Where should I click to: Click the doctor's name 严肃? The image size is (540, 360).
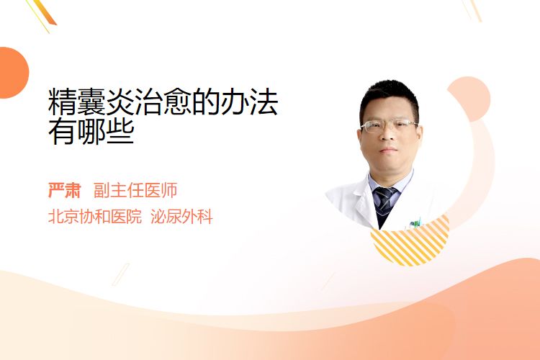64,190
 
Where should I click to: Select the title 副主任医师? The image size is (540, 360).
135,190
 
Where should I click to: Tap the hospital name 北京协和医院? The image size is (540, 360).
95,217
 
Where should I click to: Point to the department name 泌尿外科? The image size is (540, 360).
182,217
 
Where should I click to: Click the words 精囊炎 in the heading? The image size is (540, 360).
91,102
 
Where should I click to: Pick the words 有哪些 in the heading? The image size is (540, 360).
91,131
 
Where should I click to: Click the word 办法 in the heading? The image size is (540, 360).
250,102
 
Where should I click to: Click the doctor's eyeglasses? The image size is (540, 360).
389,126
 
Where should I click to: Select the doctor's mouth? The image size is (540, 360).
389,150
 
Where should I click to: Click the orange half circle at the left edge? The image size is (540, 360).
14,73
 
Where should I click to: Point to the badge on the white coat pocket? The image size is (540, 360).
415,224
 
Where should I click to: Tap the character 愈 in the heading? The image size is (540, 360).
178,102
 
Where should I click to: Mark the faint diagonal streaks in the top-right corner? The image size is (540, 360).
472,10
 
